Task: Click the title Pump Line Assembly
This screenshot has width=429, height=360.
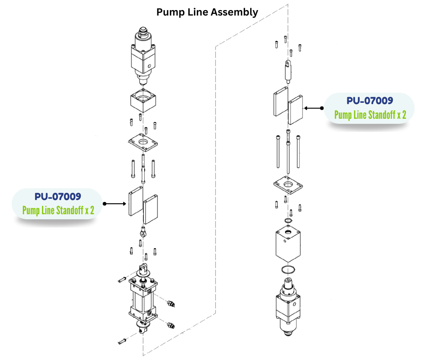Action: (207, 12)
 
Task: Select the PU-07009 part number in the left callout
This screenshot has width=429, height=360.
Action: (58, 197)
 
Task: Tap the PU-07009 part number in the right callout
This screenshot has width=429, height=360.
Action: (370, 101)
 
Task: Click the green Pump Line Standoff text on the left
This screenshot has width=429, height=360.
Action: (58, 211)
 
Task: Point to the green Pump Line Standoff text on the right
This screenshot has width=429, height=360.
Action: (370, 114)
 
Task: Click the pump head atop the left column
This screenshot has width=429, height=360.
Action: (143, 55)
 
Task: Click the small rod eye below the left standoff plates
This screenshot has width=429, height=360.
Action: (143, 233)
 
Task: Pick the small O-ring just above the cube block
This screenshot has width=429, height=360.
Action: (288, 222)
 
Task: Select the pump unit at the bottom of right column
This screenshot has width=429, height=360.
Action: (288, 306)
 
